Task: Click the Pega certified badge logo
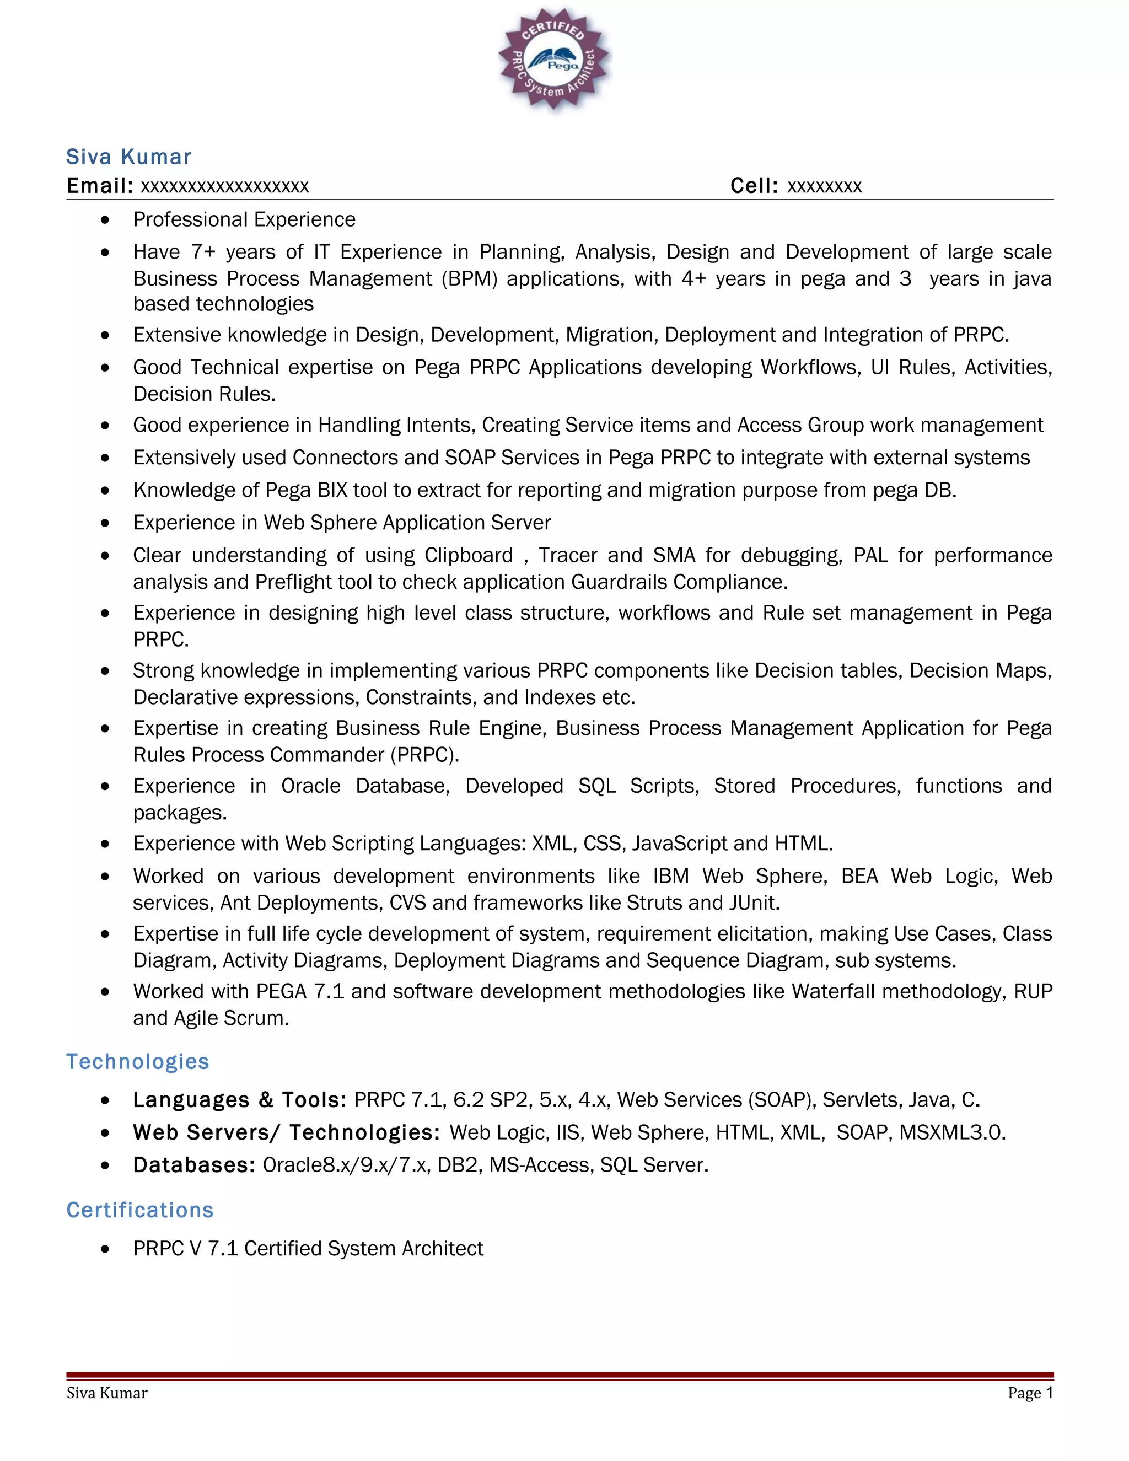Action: coord(554,60)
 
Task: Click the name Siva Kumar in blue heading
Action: coord(128,157)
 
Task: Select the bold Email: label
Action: coord(100,185)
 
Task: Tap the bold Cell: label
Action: coord(754,185)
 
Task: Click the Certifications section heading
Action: coord(140,1210)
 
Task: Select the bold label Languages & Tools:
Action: coord(239,1100)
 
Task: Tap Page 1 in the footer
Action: coord(1030,1393)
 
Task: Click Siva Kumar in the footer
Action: coord(107,1393)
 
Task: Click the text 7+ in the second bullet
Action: coord(203,252)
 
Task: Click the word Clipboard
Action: coord(468,555)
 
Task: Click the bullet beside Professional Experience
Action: coord(105,220)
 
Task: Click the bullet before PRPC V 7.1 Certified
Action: coord(105,1249)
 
